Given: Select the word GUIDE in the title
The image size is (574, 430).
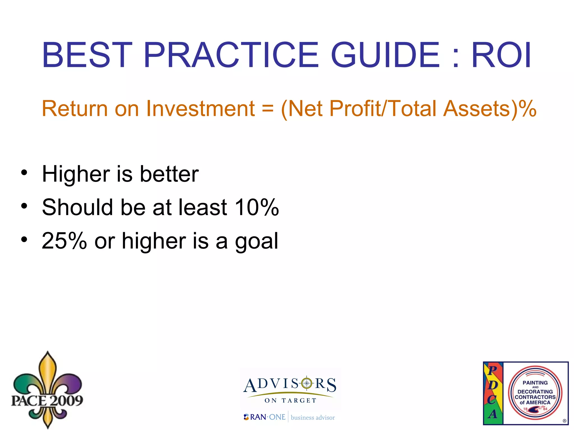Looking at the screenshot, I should (385, 55).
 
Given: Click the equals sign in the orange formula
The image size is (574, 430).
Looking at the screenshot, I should (268, 109).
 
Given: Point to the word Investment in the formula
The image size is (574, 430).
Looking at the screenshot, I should (200, 109).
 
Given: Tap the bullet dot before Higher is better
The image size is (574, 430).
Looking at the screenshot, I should (24, 172).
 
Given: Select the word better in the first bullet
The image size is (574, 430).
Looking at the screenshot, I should (169, 174).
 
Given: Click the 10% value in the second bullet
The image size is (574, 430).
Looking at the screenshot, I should (257, 207).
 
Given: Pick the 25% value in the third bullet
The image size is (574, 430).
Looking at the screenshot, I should (64, 241).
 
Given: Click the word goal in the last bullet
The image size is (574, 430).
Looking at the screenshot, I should (256, 241).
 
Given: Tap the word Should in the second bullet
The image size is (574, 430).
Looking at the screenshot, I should (77, 207).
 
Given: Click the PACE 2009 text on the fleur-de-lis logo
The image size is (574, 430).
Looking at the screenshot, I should (47, 400).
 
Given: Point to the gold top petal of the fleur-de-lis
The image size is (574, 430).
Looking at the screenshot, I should (48, 370).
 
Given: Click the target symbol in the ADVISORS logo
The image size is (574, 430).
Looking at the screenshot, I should (307, 383).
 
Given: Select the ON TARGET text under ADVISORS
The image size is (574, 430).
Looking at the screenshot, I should (290, 401).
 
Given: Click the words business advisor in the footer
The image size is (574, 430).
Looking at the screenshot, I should (313, 418).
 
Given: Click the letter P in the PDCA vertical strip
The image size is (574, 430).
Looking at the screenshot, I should (492, 370).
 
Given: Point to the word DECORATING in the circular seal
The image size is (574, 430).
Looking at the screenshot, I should (535, 392).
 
